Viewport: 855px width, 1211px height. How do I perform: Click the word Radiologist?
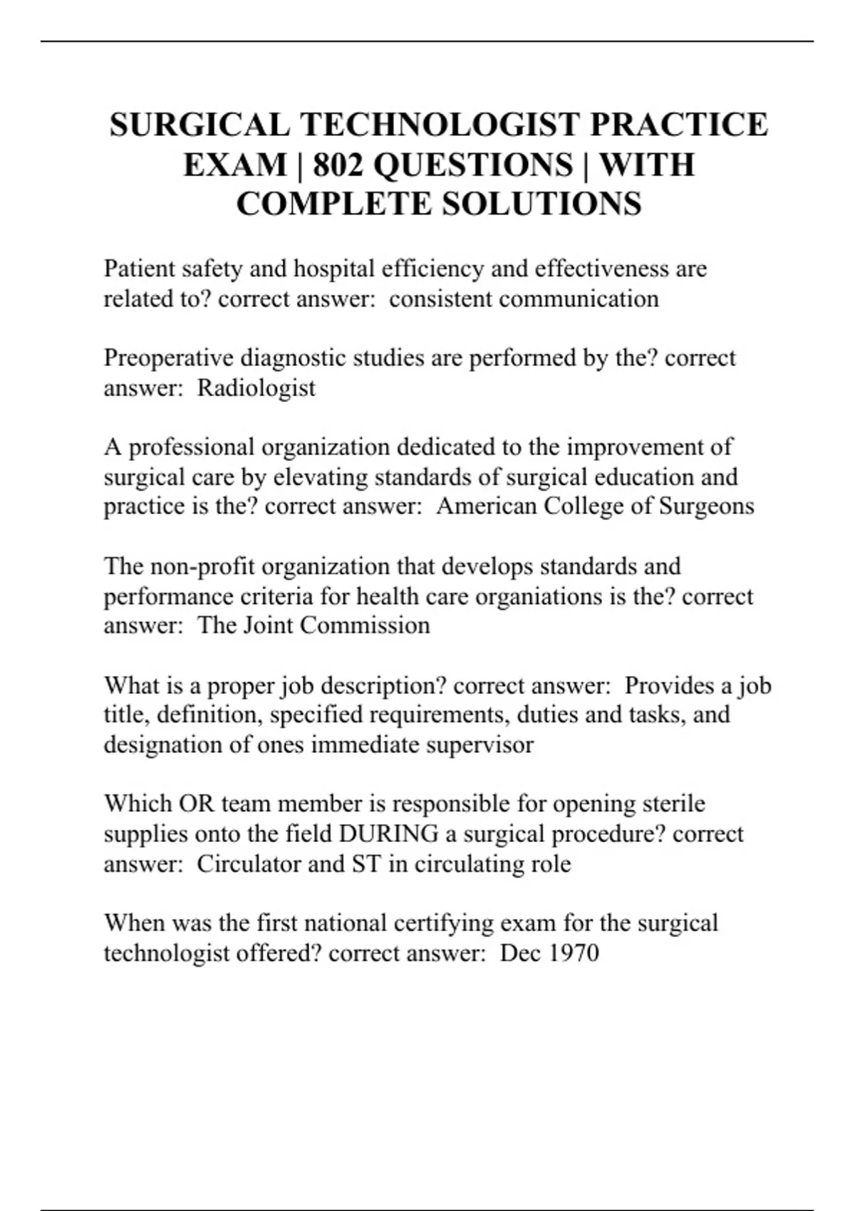point(256,388)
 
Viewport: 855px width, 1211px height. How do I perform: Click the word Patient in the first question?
point(139,269)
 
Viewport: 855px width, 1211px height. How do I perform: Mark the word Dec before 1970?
point(520,953)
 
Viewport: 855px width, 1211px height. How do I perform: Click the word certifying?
point(439,923)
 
